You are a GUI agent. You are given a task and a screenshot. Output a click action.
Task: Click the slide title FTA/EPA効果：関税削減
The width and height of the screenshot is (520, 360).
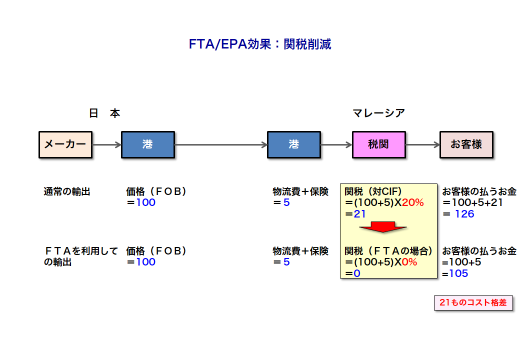coord(260,44)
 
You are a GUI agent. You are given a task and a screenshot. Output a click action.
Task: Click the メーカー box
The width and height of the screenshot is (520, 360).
coord(65,144)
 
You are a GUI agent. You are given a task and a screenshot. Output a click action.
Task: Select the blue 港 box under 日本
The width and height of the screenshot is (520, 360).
coord(148,144)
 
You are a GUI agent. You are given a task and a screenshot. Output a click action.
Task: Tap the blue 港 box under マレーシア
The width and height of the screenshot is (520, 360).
coord(294,144)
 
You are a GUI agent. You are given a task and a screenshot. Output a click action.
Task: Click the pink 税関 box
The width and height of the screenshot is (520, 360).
coord(378,144)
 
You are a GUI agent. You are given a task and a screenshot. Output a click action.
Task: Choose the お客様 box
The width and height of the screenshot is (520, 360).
coord(466,144)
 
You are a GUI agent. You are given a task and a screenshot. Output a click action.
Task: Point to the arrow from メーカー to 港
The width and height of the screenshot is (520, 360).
coord(107,144)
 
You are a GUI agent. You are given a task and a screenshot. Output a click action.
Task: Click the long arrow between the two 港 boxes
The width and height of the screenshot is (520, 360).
coord(221,144)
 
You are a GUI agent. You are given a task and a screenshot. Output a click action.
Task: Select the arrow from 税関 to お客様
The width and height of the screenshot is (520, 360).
coord(423,144)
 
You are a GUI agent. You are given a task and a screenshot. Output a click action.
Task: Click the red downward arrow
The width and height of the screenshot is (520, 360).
coord(383,226)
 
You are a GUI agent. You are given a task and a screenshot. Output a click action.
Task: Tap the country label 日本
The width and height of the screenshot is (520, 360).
coord(104,113)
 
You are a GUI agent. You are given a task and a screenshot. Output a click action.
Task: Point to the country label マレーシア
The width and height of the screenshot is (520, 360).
coord(378,113)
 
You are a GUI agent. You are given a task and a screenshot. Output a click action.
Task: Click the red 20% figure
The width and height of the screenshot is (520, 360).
coord(413,202)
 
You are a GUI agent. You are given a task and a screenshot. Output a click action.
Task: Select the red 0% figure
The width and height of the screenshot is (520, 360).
coord(409,262)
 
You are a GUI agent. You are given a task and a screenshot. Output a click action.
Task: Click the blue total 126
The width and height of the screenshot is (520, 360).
coord(464,214)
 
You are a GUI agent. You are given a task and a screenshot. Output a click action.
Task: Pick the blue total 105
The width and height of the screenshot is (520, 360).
coord(458,273)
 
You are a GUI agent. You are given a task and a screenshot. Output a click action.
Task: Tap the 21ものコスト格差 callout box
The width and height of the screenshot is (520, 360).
coord(473,302)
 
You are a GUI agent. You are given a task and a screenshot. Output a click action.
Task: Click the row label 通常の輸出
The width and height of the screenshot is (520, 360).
coord(67,191)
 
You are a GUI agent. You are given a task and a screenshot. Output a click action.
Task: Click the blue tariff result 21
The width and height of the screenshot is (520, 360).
coord(360,214)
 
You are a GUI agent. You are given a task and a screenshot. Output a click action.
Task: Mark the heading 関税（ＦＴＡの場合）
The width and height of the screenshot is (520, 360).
coord(388,251)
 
